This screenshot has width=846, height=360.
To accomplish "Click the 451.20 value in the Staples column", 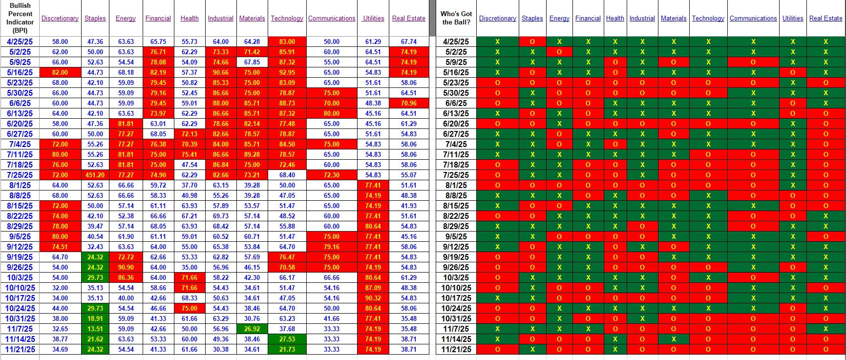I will (x=95, y=175).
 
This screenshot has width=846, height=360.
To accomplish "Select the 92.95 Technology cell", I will (x=287, y=72).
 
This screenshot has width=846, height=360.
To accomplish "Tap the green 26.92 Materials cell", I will (x=252, y=329).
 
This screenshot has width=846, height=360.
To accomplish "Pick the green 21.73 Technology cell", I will (x=287, y=349).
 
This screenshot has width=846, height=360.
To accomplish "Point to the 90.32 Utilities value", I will (x=373, y=298).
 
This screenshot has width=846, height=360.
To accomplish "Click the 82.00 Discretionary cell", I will (x=60, y=72).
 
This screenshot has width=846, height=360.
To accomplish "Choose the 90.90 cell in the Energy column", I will (x=126, y=267).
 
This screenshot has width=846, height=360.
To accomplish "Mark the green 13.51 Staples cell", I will (x=95, y=329).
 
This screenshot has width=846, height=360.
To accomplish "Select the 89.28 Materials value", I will (x=252, y=154).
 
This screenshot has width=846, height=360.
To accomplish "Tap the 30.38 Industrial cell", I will (x=220, y=349).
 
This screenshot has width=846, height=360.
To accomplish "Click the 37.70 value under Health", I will (x=190, y=185).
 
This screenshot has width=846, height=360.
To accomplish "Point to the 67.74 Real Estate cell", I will (x=408, y=42).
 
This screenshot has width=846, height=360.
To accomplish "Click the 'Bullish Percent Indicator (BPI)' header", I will (x=20, y=18).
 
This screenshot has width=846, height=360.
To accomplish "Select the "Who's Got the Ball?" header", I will (x=456, y=18).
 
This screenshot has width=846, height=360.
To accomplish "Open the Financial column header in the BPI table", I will (x=158, y=19).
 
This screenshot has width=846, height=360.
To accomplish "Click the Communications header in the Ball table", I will (x=753, y=19).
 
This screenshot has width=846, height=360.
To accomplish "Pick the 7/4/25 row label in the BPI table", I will (x=20, y=144).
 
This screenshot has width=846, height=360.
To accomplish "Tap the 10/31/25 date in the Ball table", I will (x=456, y=318).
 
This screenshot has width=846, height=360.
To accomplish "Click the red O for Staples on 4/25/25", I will (x=532, y=42).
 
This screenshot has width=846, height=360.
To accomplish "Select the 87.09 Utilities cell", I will (x=373, y=288).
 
